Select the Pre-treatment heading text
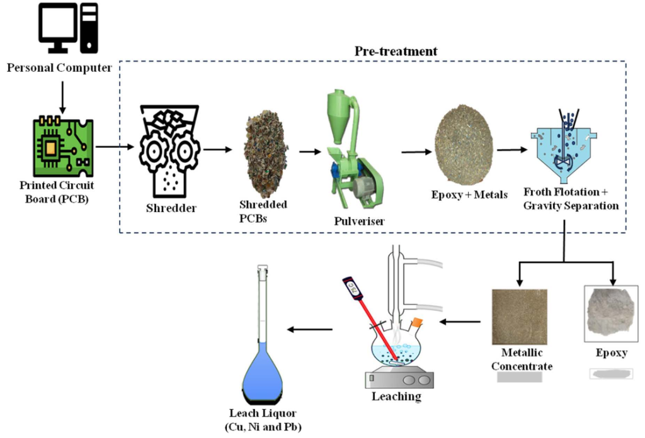click(396, 51)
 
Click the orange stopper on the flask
click(416, 323)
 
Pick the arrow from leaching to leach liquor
click(309, 329)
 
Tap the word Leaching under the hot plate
click(396, 396)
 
